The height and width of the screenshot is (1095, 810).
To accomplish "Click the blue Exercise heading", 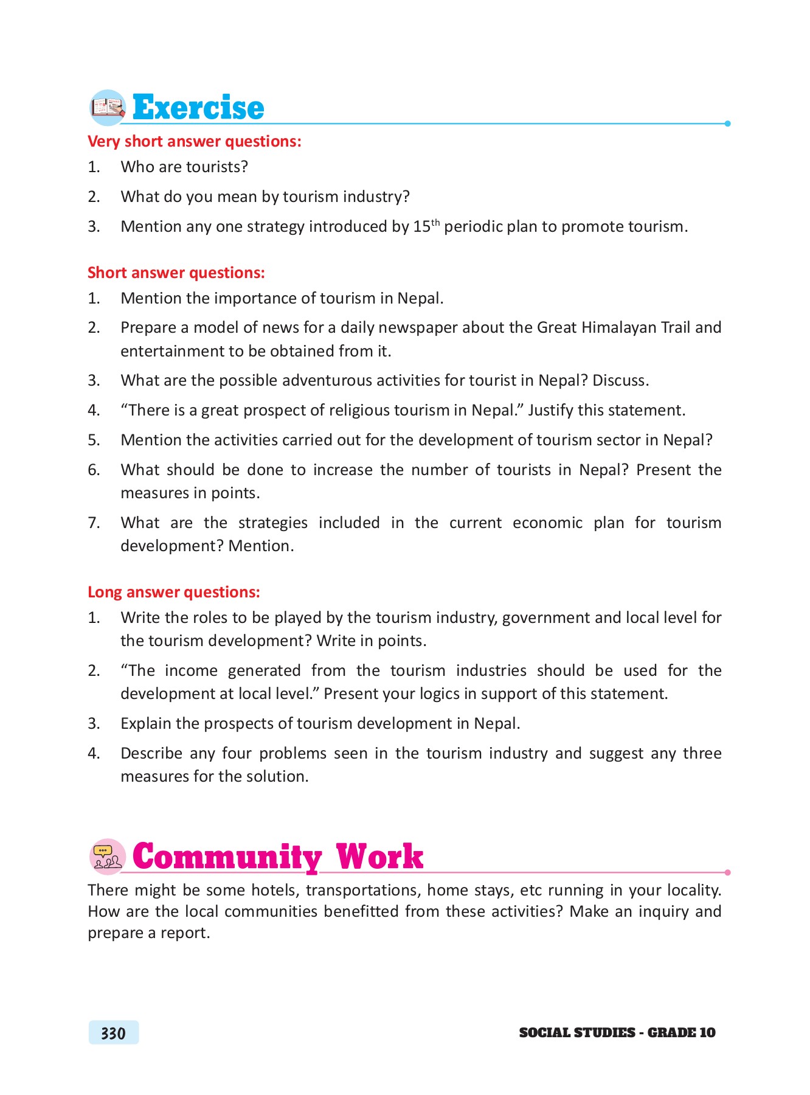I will coord(198,108).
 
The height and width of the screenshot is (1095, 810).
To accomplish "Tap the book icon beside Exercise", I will coord(107,108).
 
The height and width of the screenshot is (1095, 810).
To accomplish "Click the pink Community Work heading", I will coord(277,857).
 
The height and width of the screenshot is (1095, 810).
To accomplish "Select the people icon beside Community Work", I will coord(107,857).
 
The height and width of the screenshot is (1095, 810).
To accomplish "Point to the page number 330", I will coord(113,1033).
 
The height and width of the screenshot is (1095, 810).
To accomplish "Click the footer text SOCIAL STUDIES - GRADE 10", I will coord(617,1032).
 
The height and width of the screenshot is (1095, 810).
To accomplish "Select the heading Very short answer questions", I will coord(194,141).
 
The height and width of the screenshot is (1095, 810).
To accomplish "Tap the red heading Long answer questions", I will coord(173,592).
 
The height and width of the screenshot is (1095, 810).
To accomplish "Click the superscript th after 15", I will coord(435,222).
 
